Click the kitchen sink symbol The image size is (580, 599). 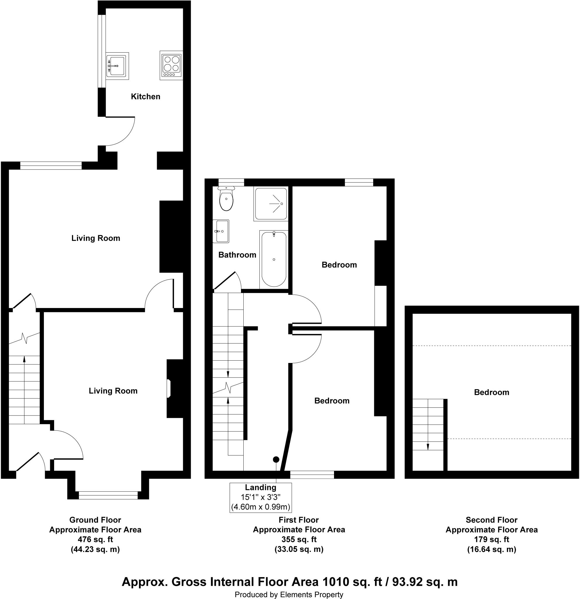tap(117, 66)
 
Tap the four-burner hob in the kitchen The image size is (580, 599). tap(171, 66)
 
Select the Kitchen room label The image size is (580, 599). tap(145, 97)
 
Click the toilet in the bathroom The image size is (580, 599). tap(226, 199)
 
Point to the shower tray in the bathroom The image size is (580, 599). tap(271, 204)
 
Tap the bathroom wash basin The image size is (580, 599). tap(221, 231)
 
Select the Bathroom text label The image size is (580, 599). tap(237, 255)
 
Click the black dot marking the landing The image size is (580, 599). tap(276, 459)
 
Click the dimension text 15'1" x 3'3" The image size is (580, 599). tap(260, 497)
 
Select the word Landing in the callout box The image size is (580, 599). tap(260, 488)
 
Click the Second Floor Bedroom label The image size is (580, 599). tap(491, 393)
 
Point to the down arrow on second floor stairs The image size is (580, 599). tap(428, 447)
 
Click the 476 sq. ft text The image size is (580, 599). tap(95, 539)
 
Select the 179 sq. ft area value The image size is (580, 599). tap(491, 539)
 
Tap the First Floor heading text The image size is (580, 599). tap(299, 520)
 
